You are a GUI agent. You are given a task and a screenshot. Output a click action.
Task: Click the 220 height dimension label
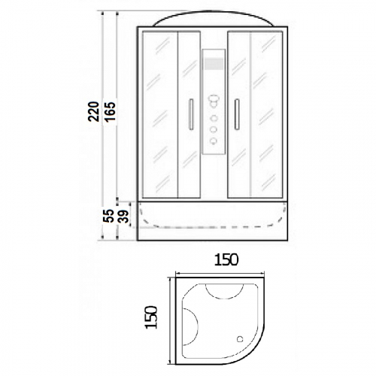[x=93, y=111]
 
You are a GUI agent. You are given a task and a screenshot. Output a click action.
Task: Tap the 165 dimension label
[x=110, y=111]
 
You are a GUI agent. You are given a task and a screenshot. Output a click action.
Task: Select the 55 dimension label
[x=108, y=216]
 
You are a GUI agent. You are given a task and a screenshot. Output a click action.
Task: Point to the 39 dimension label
[x=123, y=216]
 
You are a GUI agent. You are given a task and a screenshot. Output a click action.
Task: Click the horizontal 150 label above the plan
[x=226, y=259]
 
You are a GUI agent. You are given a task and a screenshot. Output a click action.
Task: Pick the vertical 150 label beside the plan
[x=150, y=317]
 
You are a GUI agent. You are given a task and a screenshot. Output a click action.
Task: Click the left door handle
[x=191, y=114]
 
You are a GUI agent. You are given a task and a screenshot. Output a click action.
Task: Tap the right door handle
[x=237, y=114]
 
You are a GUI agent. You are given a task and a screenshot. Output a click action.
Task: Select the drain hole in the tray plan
[x=240, y=339]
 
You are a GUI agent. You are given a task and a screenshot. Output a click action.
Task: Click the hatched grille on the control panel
[x=214, y=63]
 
